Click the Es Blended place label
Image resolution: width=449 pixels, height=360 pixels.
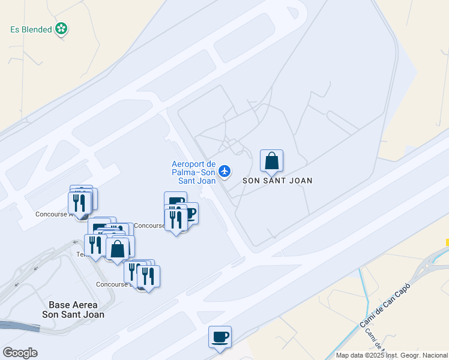(x=31, y=29)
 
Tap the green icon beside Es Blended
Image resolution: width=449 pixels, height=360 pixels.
(x=61, y=28)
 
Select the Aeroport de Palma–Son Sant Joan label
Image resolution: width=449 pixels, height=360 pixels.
(x=194, y=172)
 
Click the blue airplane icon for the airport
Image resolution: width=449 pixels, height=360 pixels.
(x=224, y=172)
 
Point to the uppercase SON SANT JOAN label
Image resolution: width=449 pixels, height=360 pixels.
(x=277, y=180)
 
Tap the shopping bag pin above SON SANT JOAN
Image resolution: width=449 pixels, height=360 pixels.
(x=271, y=160)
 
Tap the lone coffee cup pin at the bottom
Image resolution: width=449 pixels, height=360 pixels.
(x=220, y=337)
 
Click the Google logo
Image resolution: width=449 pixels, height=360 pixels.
(x=20, y=353)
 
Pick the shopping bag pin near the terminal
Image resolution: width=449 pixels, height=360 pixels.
(x=118, y=248)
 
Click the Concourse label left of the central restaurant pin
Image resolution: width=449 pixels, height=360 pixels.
(x=149, y=226)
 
